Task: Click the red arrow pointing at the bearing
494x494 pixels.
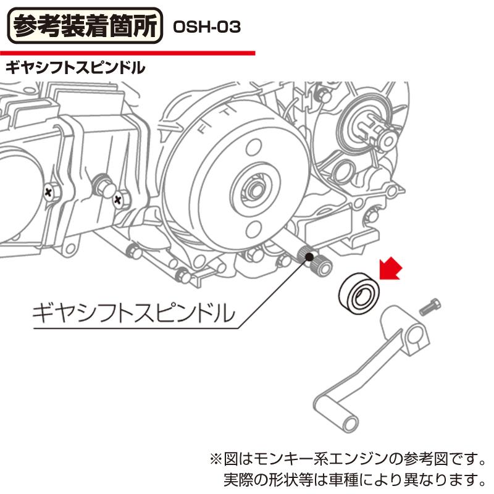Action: click(390, 269)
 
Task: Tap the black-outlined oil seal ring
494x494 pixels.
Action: click(359, 293)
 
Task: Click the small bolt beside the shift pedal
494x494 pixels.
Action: click(430, 307)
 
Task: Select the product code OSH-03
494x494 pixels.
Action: click(207, 27)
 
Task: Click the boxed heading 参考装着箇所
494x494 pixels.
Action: click(85, 26)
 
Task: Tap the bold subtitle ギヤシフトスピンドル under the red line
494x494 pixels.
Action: click(75, 68)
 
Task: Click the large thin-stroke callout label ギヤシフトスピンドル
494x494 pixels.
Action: click(133, 314)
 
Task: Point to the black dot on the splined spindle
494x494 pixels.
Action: click(309, 257)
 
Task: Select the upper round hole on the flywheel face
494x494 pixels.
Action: click(254, 148)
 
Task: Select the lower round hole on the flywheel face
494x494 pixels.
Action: click(254, 228)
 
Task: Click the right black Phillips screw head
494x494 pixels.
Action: click(118, 199)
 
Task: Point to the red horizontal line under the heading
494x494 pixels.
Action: click(127, 53)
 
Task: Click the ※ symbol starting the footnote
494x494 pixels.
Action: click(216, 459)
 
